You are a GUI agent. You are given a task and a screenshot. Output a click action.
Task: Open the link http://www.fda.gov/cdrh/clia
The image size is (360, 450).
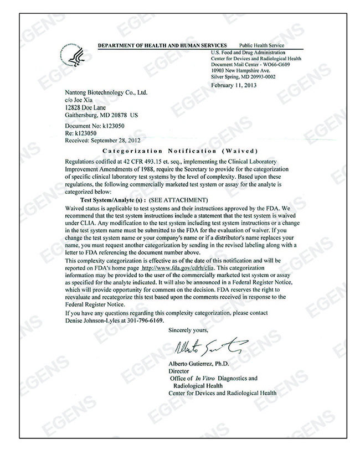tap(178, 267)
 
